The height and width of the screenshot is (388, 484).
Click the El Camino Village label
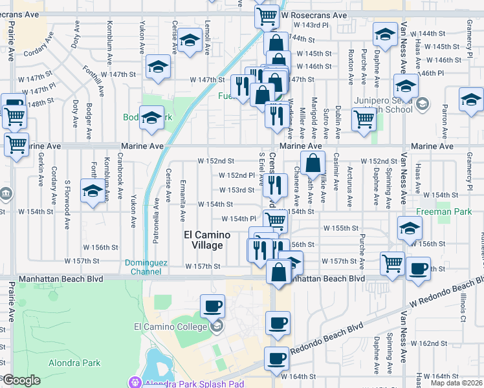coord(203,240)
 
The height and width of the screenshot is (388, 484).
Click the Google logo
coord(21,380)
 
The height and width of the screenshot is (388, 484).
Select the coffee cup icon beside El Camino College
coord(212,305)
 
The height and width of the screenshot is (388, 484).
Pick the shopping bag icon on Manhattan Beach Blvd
coord(279,271)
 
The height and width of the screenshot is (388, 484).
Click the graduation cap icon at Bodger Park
coord(153,118)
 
